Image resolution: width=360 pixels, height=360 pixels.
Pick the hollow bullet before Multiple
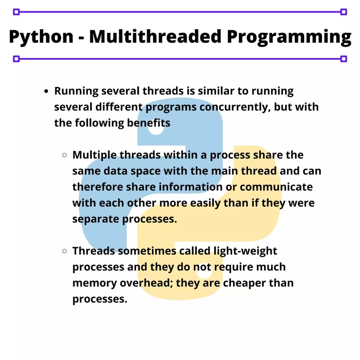point(64,155)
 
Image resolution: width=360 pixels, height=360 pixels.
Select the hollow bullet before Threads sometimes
point(64,251)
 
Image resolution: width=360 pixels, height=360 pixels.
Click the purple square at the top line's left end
point(16,12)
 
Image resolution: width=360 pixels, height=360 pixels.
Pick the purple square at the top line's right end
point(344,12)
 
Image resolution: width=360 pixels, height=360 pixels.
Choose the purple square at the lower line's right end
point(344,58)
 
